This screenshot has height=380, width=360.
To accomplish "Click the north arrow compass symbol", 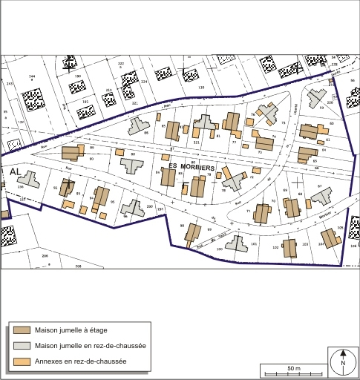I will coord(344,363).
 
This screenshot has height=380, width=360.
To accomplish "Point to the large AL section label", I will coord(16,171).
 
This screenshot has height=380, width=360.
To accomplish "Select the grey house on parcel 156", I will coord(29,179).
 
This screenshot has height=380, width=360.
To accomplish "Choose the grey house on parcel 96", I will coord(133,208).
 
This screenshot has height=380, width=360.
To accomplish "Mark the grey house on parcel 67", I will coord(321,196).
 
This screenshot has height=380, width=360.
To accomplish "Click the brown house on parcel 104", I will coord(328,237).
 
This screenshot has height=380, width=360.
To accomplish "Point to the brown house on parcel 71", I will coord(261,214).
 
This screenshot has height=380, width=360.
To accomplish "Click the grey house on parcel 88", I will coord(133,164).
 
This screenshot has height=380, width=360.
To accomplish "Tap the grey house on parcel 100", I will coord(236,243).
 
